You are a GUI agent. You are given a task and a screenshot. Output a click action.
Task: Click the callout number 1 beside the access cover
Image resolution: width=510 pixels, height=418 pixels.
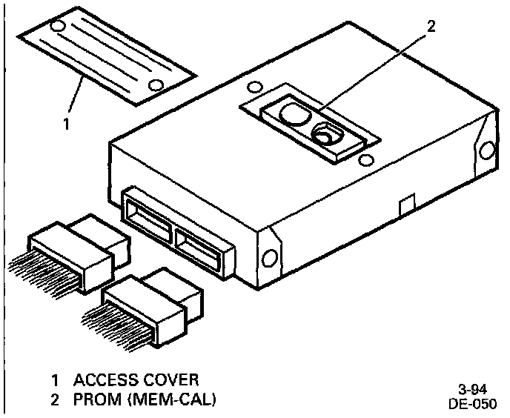coord(66,124)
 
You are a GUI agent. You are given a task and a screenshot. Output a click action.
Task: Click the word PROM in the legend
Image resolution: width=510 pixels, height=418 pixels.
coord(93,401)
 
